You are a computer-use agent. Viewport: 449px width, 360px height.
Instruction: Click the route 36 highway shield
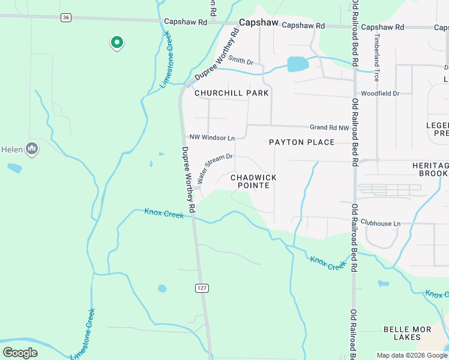(65, 18)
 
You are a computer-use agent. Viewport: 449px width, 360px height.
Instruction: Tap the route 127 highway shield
(202, 289)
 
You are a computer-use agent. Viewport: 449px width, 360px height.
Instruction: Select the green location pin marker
(116, 43)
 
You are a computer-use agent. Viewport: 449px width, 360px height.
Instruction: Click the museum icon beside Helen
(32, 148)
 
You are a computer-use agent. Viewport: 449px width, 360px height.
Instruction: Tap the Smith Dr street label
(241, 61)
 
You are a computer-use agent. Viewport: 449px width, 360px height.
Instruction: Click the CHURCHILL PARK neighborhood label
(231, 93)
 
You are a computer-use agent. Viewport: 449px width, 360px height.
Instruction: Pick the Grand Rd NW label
(329, 128)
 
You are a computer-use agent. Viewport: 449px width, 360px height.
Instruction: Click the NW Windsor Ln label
(211, 137)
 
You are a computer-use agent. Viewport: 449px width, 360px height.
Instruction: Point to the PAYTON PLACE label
(301, 142)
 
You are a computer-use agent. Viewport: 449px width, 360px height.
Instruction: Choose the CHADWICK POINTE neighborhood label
(254, 182)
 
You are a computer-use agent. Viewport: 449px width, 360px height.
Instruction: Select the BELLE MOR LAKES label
(408, 334)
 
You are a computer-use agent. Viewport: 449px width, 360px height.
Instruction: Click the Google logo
(20, 353)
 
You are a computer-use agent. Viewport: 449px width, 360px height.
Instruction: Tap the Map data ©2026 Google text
(412, 355)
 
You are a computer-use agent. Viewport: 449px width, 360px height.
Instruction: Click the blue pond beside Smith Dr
(298, 64)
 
